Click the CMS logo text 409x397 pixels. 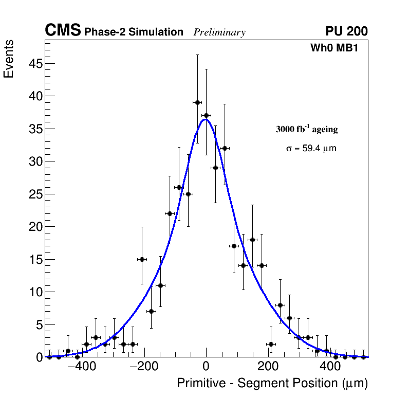tap(63, 31)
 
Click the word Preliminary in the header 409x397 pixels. tap(219, 32)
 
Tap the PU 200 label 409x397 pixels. tap(347, 31)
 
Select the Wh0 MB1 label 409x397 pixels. tap(334, 48)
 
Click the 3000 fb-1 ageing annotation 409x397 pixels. tap(307, 129)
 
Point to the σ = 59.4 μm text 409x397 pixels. tap(311, 149)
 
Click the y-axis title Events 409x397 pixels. tap(9, 59)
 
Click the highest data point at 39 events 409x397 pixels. tap(197, 102)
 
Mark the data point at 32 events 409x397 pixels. tap(225, 148)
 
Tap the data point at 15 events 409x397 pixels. tap(142, 259)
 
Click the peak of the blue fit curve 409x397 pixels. tap(206, 119)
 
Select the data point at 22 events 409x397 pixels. tap(170, 213)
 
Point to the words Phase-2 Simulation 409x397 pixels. tap(134, 32)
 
